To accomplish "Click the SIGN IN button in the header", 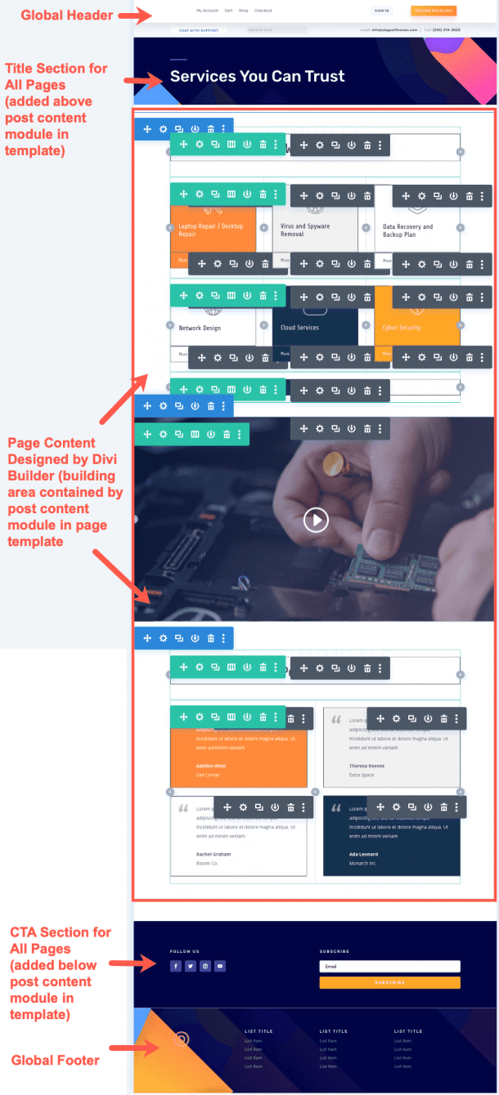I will tap(381, 11).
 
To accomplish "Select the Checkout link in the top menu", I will tap(263, 11).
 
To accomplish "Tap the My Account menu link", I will tap(207, 11).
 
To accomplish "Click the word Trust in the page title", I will tap(325, 77).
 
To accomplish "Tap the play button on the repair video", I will tap(316, 520).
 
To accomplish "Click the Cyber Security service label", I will tap(402, 328).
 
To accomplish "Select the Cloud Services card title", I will tap(300, 328).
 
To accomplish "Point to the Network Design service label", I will tap(200, 328).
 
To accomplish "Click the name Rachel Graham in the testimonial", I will tap(214, 854).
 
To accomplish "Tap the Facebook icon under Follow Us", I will tap(176, 966).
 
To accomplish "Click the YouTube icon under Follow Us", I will tap(220, 966).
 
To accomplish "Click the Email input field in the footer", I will tap(389, 966).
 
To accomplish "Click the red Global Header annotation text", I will tap(67, 16).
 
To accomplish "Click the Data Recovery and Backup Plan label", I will tap(407, 230).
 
